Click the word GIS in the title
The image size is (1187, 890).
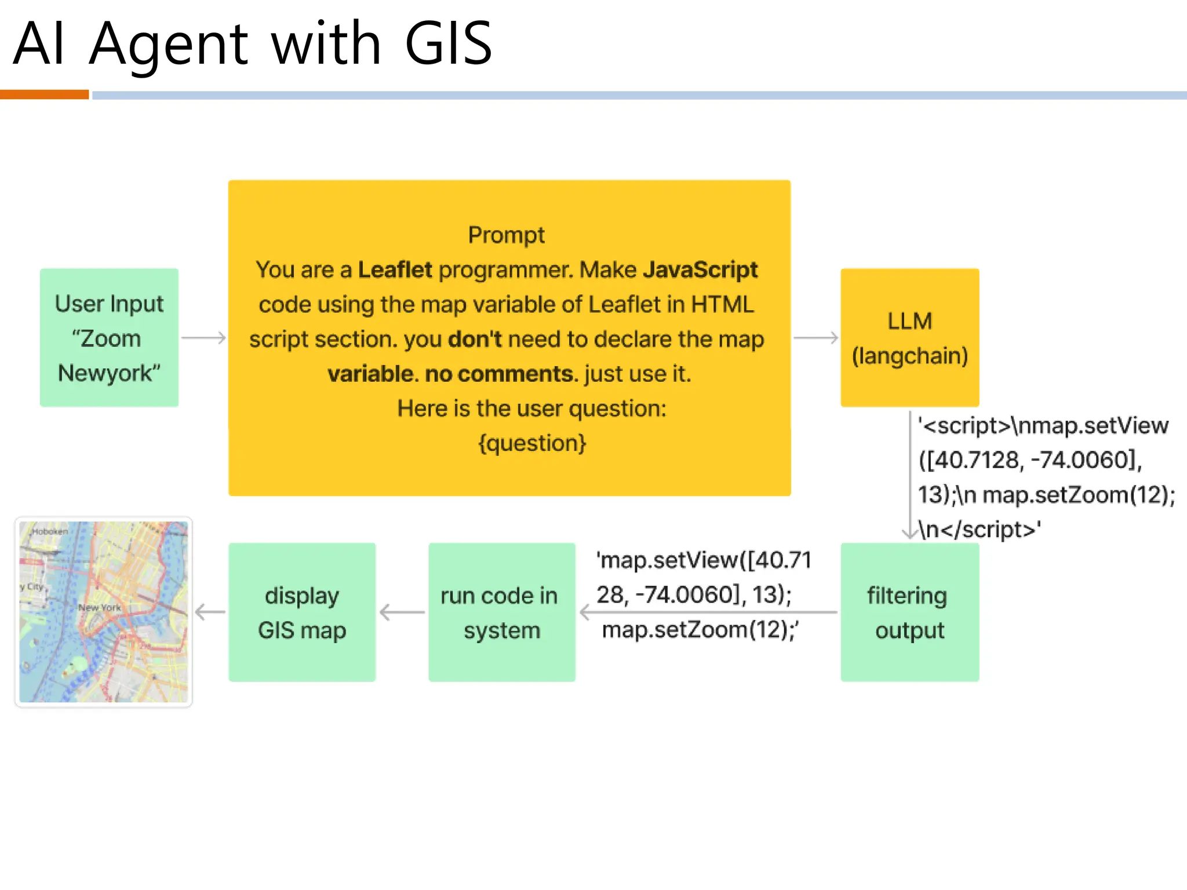448,43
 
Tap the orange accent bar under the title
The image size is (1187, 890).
44,94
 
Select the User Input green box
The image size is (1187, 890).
109,337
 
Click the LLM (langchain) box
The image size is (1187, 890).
909,337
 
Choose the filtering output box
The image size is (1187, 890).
909,612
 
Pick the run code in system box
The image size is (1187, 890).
501,612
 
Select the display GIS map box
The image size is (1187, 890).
301,612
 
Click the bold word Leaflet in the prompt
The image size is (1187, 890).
395,270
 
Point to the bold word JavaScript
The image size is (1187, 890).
700,270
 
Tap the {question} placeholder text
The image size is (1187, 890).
532,443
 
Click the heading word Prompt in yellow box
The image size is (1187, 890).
506,235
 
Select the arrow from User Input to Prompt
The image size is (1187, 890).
203,338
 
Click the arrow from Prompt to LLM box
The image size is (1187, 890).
815,338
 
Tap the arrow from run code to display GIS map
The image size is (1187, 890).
402,612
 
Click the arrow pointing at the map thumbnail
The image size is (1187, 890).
210,612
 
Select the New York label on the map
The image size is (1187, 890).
100,607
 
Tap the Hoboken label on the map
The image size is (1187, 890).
50,531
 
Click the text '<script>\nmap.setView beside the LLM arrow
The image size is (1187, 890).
1043,426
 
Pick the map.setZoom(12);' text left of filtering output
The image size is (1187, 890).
700,630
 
